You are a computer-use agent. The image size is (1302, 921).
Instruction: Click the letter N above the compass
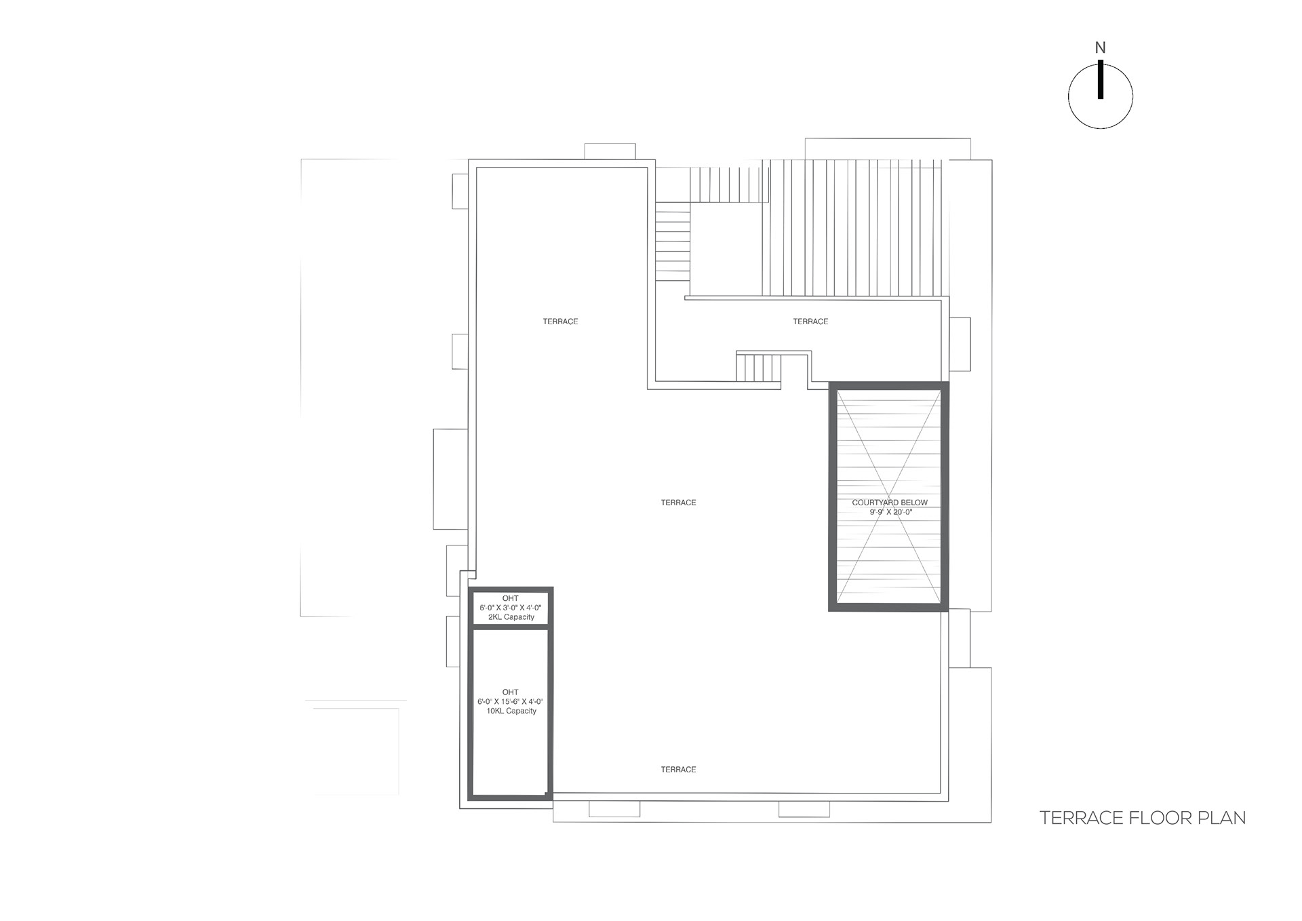(x=1100, y=48)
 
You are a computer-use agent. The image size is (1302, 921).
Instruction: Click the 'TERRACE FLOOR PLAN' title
(x=1143, y=818)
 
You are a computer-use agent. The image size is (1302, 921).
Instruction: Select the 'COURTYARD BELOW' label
(x=890, y=503)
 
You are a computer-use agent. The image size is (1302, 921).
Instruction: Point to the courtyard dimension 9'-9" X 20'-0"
(x=891, y=512)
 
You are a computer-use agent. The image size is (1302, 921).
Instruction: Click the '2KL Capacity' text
(x=511, y=617)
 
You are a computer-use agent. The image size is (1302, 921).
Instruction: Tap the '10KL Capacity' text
(x=511, y=711)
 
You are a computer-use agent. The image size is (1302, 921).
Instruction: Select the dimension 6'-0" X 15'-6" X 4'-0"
(x=511, y=701)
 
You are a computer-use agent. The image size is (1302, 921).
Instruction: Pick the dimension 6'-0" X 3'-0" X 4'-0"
(x=511, y=608)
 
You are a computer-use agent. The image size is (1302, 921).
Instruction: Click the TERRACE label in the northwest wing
(x=560, y=321)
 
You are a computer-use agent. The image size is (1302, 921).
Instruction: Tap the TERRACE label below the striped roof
(x=810, y=321)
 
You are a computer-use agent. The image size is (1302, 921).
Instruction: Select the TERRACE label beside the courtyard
(x=678, y=503)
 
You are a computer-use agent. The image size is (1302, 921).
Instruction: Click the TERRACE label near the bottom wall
(x=678, y=770)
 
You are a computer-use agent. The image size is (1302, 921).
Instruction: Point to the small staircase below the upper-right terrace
(x=759, y=368)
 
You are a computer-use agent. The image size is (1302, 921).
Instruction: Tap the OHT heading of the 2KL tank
(x=511, y=598)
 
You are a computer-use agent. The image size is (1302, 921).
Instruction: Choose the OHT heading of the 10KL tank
(x=511, y=692)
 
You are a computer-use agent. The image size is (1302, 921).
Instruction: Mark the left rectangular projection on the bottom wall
(x=614, y=809)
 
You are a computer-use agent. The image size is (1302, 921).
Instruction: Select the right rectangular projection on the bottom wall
(x=804, y=809)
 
